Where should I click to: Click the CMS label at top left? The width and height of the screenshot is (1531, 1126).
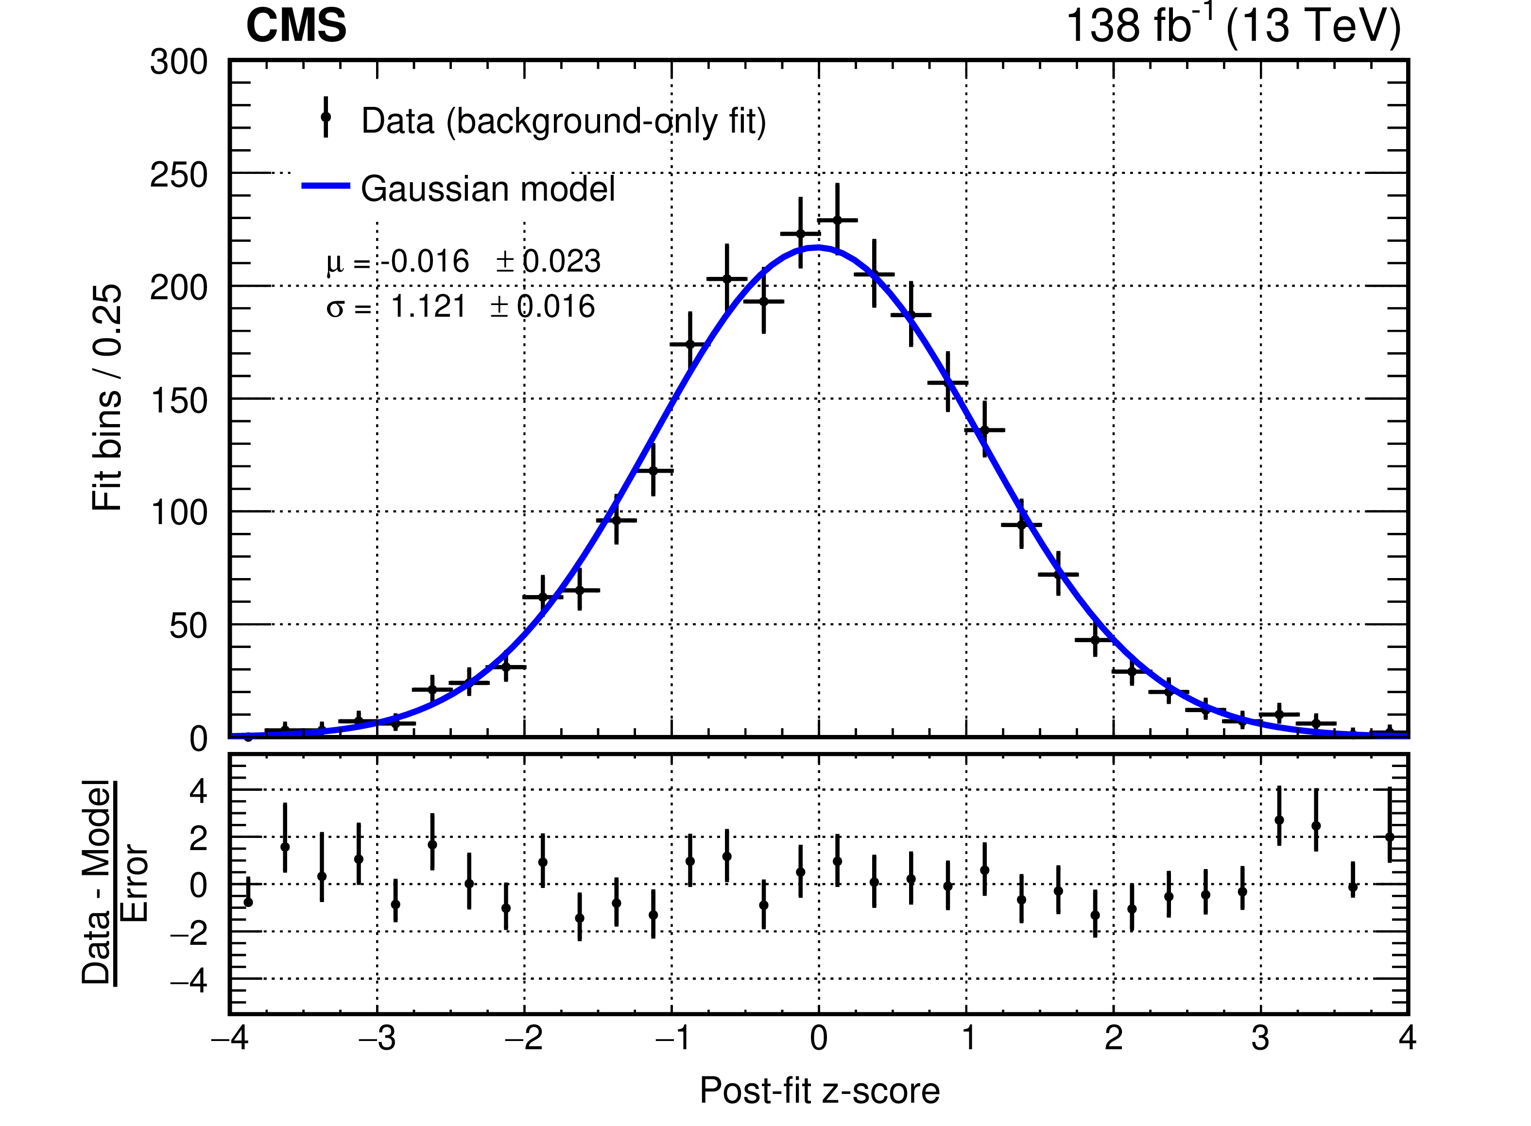click(x=296, y=27)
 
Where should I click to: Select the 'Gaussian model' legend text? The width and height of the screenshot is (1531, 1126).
click(x=487, y=189)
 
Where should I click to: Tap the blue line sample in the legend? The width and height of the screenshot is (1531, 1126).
click(x=326, y=186)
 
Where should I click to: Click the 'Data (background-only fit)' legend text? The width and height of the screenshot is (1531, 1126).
click(x=563, y=121)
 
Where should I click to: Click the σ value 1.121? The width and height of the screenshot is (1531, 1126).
click(x=428, y=307)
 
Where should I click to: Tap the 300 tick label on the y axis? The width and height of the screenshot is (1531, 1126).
click(x=179, y=63)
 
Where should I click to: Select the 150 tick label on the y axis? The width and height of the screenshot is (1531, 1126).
click(x=179, y=401)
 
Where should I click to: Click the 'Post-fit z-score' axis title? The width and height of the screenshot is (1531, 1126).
click(x=819, y=1091)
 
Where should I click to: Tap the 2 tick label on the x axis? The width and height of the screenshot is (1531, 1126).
click(x=1113, y=1038)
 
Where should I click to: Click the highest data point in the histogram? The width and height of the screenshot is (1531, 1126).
click(x=837, y=220)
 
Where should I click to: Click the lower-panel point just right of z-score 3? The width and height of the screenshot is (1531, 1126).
click(x=1279, y=820)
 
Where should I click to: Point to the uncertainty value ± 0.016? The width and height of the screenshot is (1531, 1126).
click(x=543, y=307)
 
